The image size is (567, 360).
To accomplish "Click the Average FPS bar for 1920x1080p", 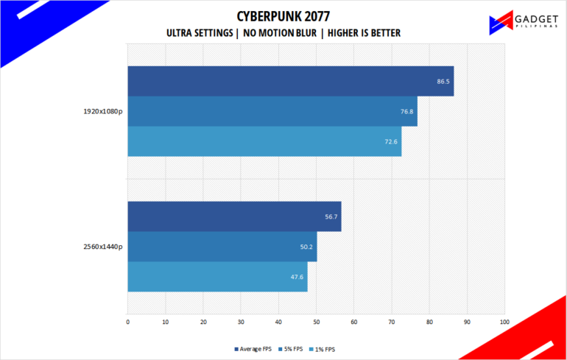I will (x=290, y=81).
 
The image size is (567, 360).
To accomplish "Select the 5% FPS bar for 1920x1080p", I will (x=272, y=111).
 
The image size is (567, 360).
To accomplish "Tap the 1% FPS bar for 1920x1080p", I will (x=264, y=141).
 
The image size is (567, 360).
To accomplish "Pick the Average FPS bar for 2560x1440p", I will (x=234, y=216).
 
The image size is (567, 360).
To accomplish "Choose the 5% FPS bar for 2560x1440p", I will (x=222, y=247).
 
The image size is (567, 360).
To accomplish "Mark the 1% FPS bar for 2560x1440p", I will (x=217, y=277).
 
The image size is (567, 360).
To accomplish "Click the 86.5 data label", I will (x=443, y=81).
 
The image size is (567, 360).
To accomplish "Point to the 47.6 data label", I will (x=297, y=277).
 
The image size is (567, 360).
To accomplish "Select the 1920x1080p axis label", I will (x=103, y=112).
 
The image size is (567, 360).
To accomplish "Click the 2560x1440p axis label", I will (x=103, y=247).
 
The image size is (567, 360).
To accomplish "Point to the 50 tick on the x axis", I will (x=316, y=322).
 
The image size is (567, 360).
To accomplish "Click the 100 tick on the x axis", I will (x=504, y=322).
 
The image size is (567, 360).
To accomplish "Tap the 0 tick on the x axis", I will (x=128, y=322).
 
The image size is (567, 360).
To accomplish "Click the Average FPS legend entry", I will (x=253, y=348).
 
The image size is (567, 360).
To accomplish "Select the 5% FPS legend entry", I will (x=292, y=348).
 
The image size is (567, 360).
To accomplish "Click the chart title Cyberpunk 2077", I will (x=283, y=16).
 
